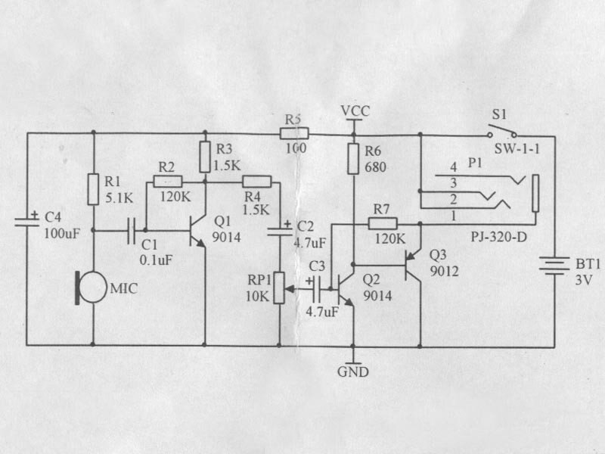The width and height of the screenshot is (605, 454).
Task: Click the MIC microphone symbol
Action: click(x=92, y=288)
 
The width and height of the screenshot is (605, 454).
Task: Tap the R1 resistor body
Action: click(x=93, y=189)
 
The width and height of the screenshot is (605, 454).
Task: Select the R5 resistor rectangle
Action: click(x=294, y=134)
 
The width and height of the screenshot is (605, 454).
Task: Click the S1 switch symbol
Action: click(x=502, y=131)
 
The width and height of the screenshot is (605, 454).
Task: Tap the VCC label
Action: click(x=355, y=110)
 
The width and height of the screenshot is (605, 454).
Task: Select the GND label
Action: click(x=353, y=372)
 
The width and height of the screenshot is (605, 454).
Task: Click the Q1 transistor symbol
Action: click(x=197, y=232)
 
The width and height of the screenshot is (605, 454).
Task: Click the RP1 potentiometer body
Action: click(x=279, y=288)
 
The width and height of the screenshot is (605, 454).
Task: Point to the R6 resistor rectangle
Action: click(x=353, y=159)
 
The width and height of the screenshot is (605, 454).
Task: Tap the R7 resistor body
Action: click(x=383, y=223)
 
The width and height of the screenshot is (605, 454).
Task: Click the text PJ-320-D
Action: click(x=498, y=237)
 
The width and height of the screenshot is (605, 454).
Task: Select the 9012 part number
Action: click(x=445, y=272)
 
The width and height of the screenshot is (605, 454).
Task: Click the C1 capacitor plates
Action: click(x=131, y=231)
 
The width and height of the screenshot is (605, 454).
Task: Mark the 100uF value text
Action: click(x=62, y=233)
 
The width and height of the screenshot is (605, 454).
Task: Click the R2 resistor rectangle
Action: click(x=168, y=182)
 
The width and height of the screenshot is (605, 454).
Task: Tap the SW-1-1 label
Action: click(x=517, y=149)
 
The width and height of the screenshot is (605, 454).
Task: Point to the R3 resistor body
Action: click(x=205, y=157)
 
